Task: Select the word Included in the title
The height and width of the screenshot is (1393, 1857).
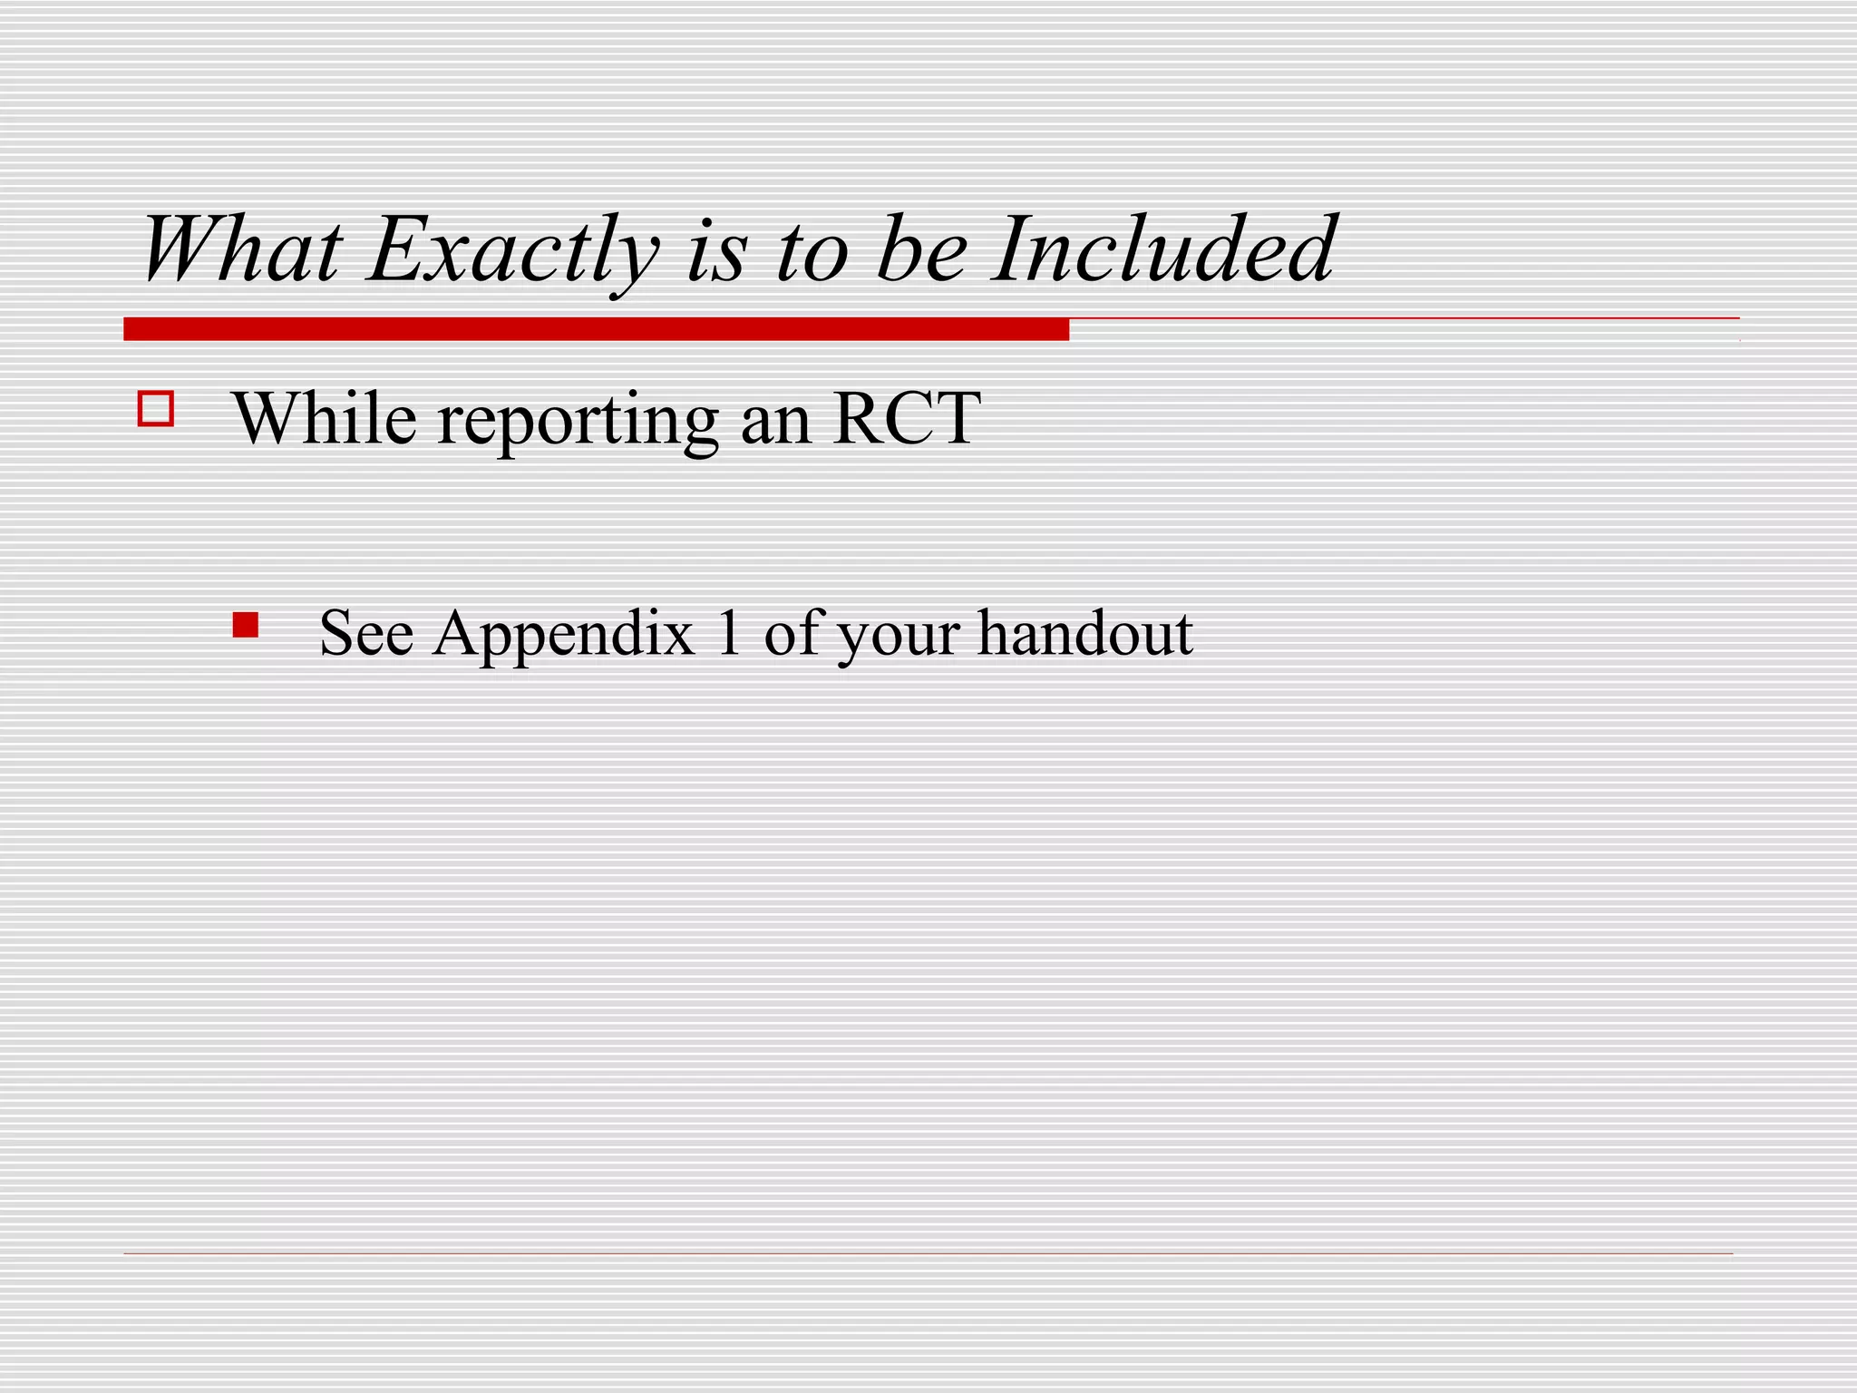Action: [x=1162, y=249]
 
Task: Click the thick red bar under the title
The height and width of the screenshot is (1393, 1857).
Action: [x=596, y=329]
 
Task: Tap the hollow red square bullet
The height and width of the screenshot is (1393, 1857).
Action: [x=156, y=408]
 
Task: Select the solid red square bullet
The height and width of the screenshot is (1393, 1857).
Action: [x=245, y=626]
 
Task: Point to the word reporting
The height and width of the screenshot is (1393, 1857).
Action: [x=578, y=422]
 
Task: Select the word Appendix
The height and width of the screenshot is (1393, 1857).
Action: [x=563, y=635]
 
